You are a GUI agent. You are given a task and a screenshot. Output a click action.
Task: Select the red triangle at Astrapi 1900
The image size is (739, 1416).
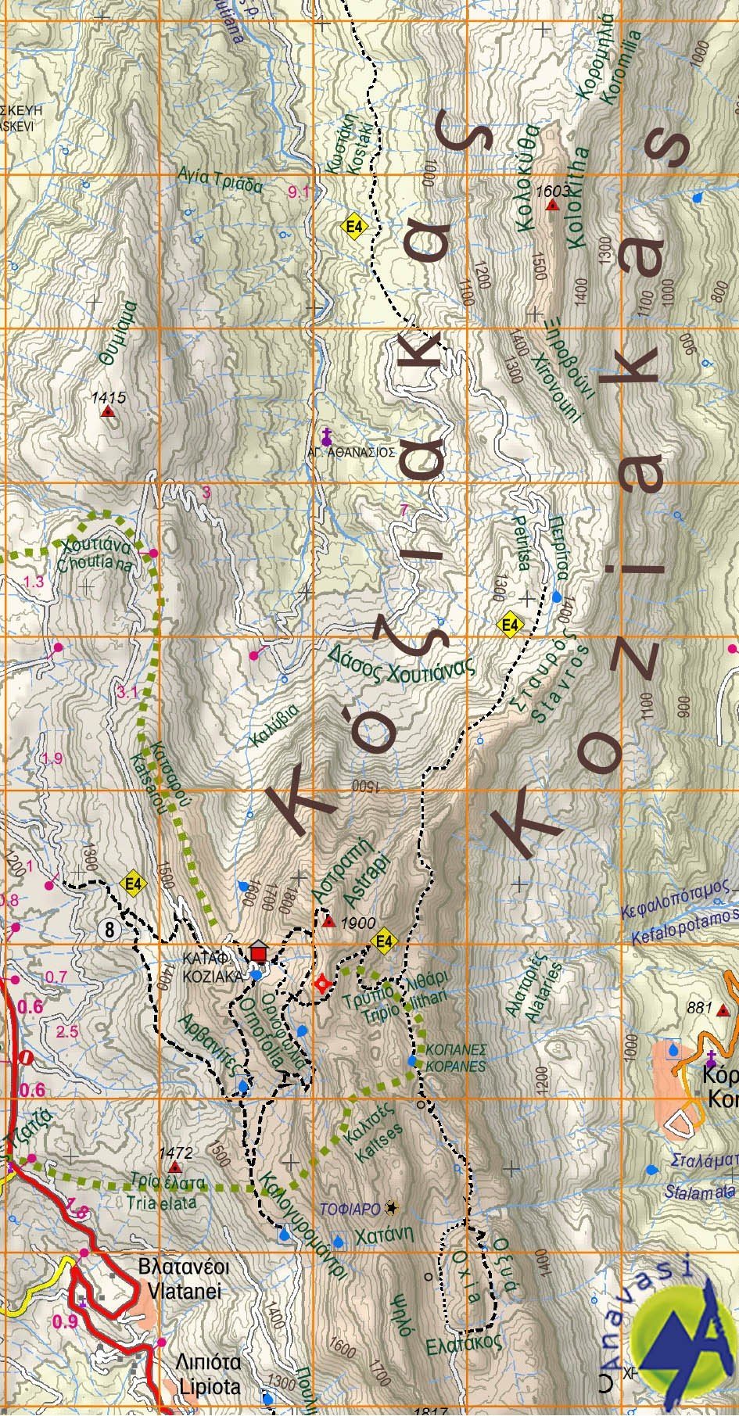point(329,922)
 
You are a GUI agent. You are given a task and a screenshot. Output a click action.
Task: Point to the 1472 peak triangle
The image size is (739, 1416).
point(174,1167)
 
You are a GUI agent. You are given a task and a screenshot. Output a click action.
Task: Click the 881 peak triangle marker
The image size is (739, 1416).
point(723,1010)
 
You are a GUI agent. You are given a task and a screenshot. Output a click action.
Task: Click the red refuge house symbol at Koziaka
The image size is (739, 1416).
point(258,954)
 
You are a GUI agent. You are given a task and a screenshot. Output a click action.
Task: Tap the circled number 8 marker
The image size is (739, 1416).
point(109,930)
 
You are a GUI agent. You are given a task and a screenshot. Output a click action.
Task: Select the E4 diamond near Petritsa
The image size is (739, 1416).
point(510,625)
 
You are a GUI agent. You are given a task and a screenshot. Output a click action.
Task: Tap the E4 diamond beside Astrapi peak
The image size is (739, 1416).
point(383,941)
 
